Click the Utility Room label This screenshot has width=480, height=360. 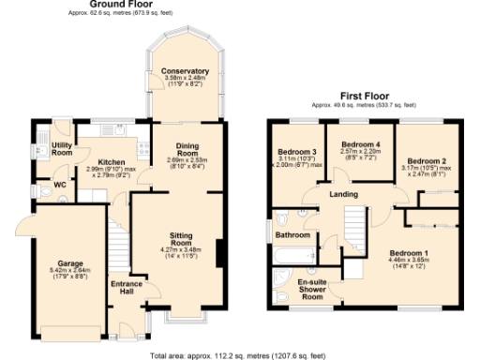point(63,148)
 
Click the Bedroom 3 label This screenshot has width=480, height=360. point(296,152)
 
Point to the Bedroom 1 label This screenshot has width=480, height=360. point(408,254)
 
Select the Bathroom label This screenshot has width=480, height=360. point(293,235)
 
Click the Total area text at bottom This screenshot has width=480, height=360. point(238,354)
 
